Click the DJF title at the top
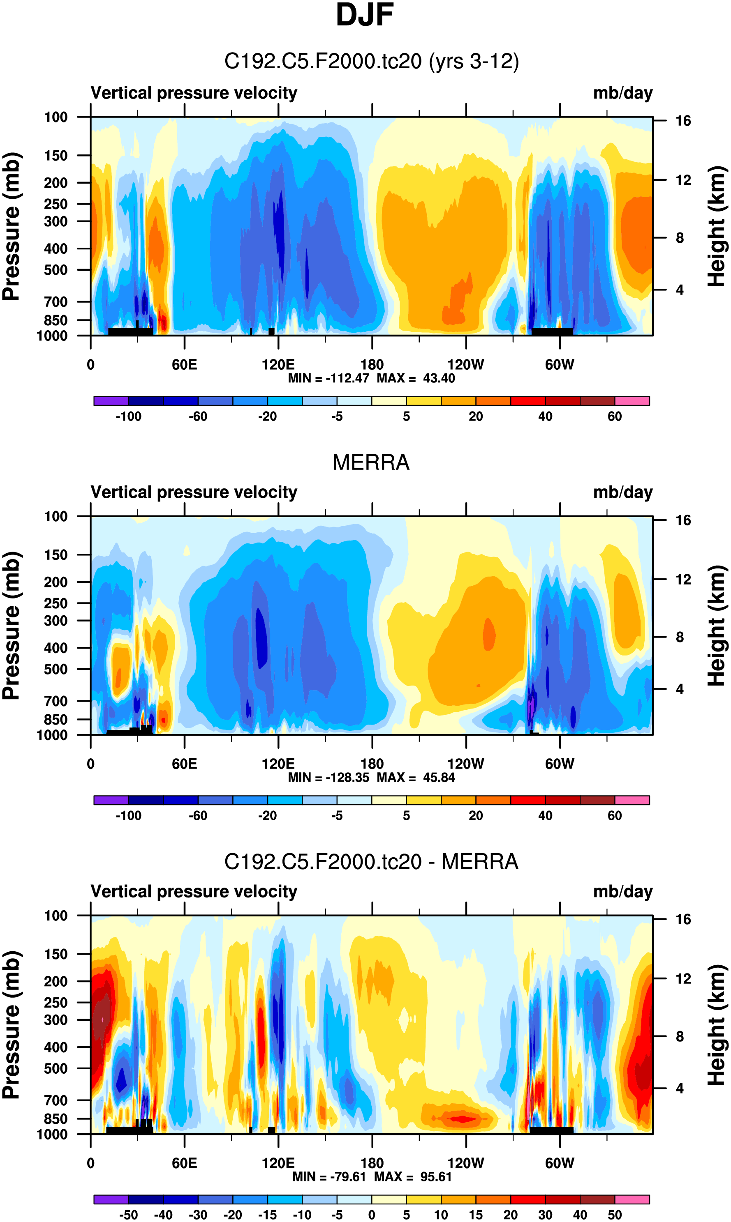[365, 15]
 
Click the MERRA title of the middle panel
[371, 463]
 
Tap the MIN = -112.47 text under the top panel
[328, 378]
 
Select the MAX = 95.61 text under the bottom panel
[413, 1177]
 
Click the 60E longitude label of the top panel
[184, 365]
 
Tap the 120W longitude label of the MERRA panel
[465, 764]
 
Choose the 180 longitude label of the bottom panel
[372, 1163]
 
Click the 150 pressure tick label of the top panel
[56, 156]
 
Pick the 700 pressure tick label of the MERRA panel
[56, 701]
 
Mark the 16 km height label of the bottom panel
[683, 919]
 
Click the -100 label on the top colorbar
[129, 417]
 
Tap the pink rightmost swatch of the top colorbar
[632, 401]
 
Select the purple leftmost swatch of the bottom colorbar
[111, 1199]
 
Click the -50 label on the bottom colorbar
[129, 1215]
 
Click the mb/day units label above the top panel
[622, 93]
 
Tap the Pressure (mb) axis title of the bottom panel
[11, 1025]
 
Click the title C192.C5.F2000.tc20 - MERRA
[371, 862]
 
